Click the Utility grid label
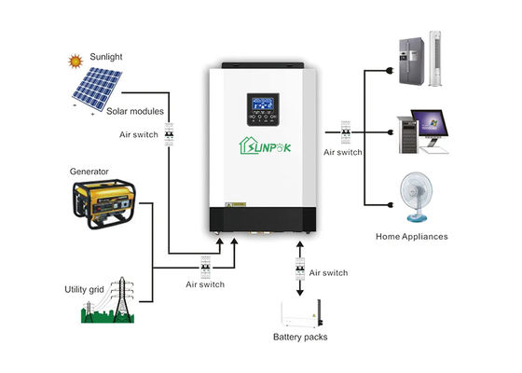click(x=84, y=289)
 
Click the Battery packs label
click(x=300, y=337)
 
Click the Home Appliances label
click(x=411, y=237)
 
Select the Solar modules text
click(x=132, y=112)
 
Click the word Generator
click(x=89, y=172)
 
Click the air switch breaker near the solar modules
click(x=170, y=134)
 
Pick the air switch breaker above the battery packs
click(x=298, y=271)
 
